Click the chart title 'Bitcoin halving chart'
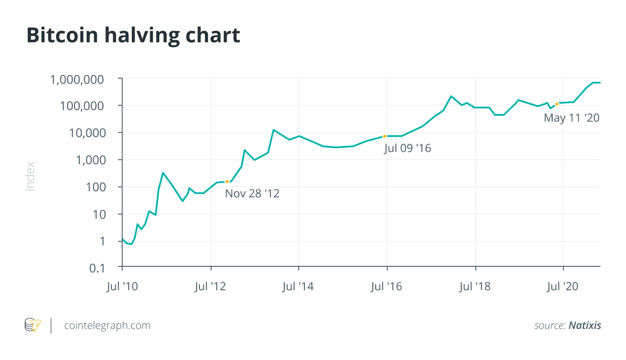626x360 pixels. click(x=133, y=35)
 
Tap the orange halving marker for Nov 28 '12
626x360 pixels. click(x=227, y=182)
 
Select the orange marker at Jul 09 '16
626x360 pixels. click(x=385, y=136)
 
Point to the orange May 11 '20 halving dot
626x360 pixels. click(x=557, y=104)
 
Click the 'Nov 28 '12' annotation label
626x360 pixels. click(x=252, y=193)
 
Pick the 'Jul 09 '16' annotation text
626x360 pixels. click(x=408, y=148)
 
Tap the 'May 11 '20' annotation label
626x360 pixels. click(x=572, y=117)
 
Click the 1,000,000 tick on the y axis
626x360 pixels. click(x=83, y=79)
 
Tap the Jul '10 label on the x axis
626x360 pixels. click(x=122, y=287)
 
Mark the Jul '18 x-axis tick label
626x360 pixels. click(x=475, y=287)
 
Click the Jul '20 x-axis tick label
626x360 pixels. click(x=563, y=287)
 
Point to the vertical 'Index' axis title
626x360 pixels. click(x=30, y=176)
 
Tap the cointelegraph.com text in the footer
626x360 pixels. click(x=107, y=325)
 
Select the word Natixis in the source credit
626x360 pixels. click(x=585, y=326)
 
